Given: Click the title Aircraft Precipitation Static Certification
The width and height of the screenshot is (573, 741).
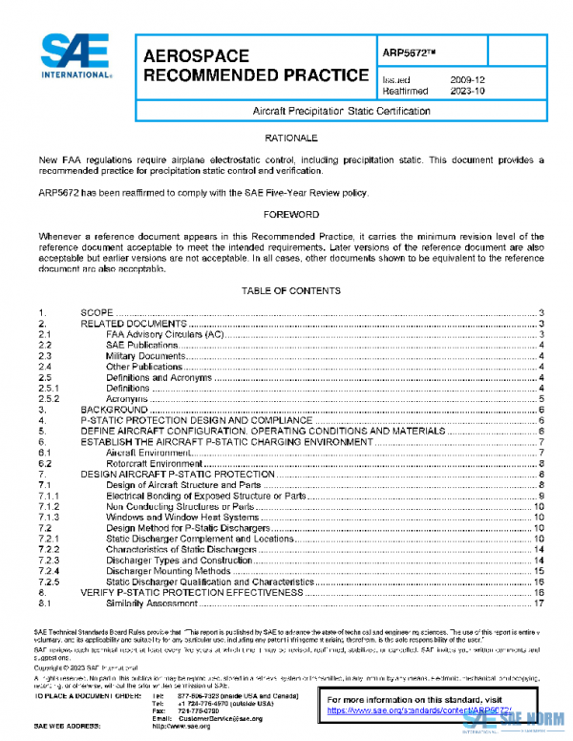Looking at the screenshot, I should click(341, 112).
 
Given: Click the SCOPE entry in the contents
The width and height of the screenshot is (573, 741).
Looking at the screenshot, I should click(96, 313).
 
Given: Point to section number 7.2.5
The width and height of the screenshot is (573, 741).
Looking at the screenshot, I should click(49, 582).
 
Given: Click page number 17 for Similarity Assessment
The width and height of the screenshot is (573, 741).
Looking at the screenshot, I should click(540, 603).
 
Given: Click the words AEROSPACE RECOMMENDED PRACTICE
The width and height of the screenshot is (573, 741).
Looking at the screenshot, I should click(255, 66).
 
